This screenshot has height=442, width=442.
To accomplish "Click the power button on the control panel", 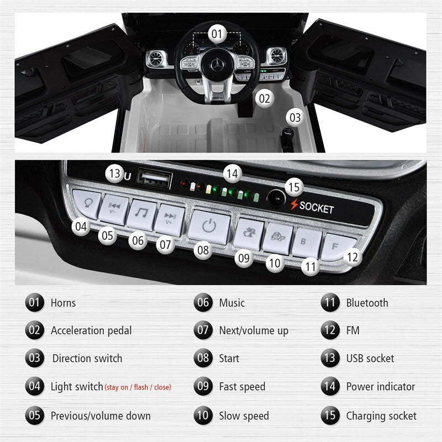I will click(208, 227).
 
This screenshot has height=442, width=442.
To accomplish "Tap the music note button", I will click(141, 214).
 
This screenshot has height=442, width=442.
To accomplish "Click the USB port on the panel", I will click(148, 178).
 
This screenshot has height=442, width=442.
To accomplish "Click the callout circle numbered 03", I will click(295, 117).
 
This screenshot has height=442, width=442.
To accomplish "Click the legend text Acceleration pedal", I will click(91, 331).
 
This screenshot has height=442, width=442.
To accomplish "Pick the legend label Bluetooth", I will click(367, 303).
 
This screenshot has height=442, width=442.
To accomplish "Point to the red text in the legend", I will click(138, 387).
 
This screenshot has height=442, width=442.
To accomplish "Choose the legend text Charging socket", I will click(381, 415).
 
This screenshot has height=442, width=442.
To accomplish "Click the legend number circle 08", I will click(204, 359).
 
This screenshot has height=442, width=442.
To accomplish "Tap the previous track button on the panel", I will click(115, 210).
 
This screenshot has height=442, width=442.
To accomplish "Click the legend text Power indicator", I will click(380, 387).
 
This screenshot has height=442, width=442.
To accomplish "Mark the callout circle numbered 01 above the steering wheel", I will click(217, 34).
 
